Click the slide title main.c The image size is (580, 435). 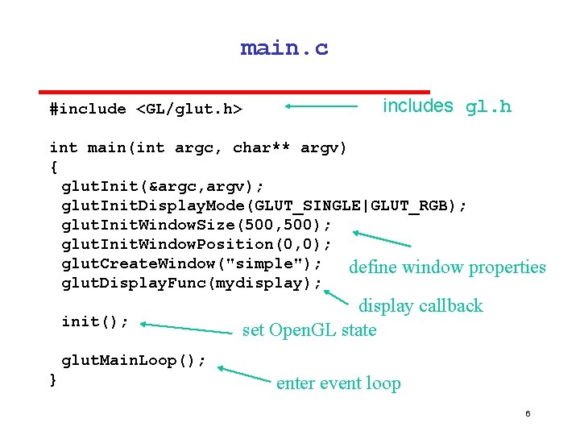coord(284,48)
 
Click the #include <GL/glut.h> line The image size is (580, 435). coord(146,109)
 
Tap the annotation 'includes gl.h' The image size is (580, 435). coord(446,106)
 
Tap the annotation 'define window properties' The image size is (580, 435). coord(447,267)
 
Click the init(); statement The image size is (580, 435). coord(95,321)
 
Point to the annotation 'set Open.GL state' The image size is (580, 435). coord(309,329)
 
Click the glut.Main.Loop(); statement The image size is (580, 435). coord(134,360)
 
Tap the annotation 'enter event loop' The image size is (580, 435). coord(338,383)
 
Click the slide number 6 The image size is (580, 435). coord(528,413)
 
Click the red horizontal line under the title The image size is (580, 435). coord(235,92)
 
